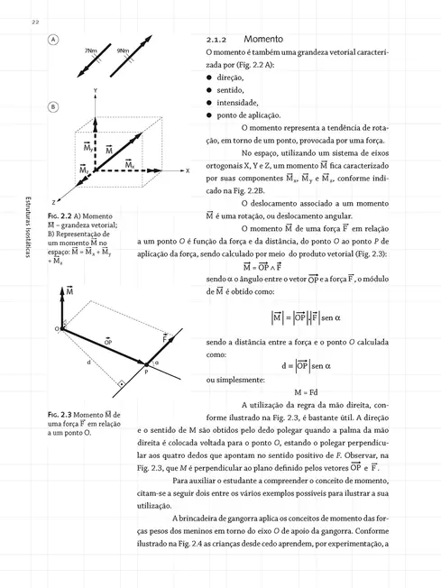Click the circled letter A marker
(54, 41)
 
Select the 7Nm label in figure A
(91, 51)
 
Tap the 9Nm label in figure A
(123, 51)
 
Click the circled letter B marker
(54, 106)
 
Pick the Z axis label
(53, 202)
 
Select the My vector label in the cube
(88, 148)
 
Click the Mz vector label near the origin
(85, 170)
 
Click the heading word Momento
(263, 41)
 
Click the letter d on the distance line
(87, 362)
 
